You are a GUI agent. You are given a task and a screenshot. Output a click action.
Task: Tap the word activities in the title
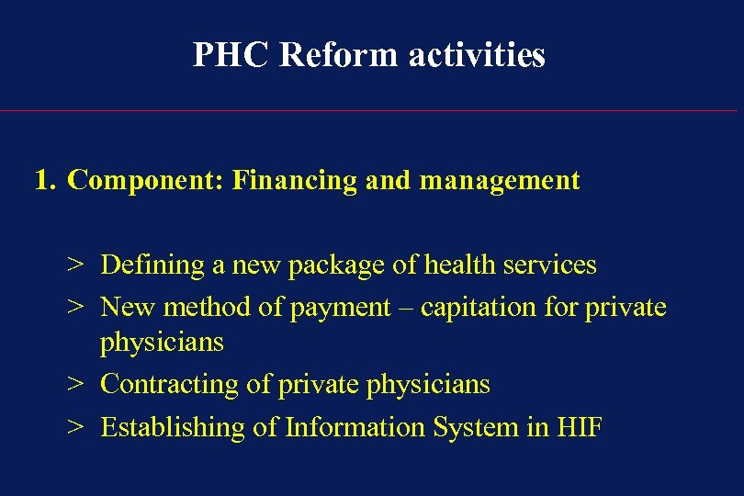pos(477,55)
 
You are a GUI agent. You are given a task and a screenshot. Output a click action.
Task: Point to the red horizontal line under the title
pos(372,111)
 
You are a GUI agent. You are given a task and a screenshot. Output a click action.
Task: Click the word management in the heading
pos(500,181)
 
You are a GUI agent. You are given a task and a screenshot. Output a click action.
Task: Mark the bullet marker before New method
pos(75,308)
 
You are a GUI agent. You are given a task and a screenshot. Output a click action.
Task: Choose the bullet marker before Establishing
pos(75,428)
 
